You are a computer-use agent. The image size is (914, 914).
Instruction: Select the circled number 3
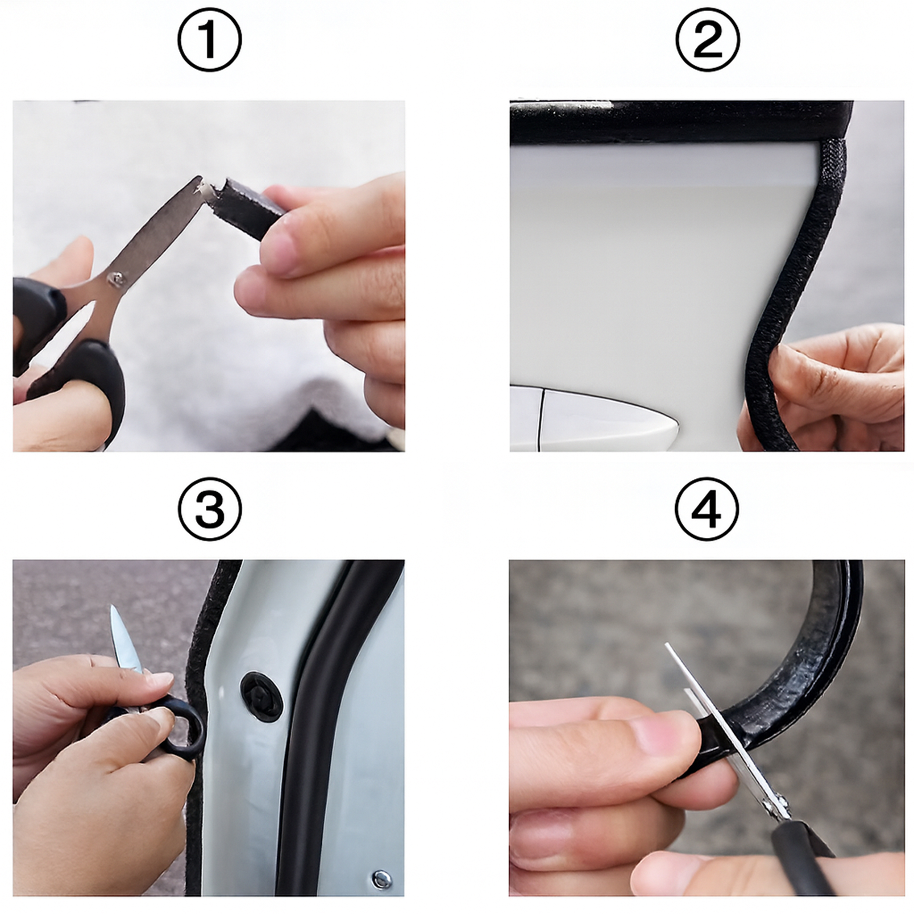(x=210, y=510)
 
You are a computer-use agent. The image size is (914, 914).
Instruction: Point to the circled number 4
(x=707, y=510)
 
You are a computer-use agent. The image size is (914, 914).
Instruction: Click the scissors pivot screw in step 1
(x=116, y=278)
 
